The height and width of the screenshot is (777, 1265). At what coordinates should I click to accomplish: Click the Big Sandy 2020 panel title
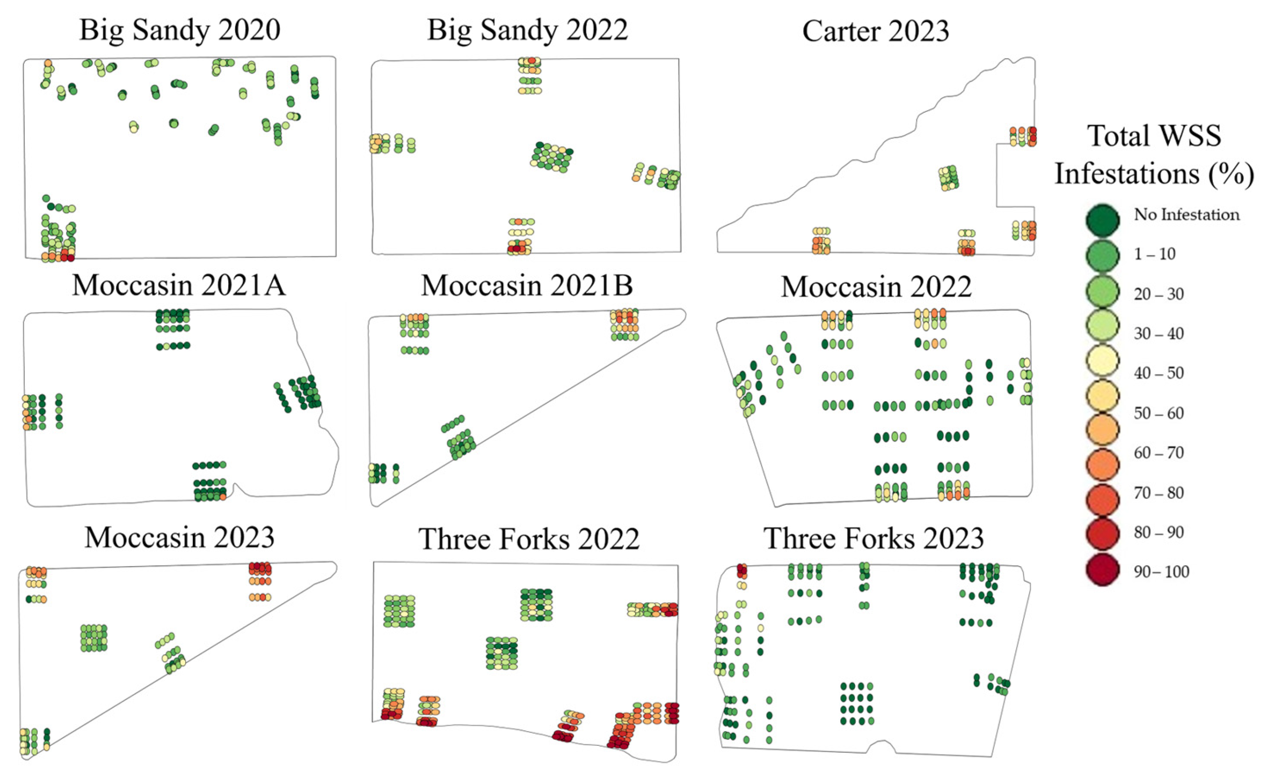click(180, 30)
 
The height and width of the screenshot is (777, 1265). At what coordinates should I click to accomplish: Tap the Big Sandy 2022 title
click(527, 30)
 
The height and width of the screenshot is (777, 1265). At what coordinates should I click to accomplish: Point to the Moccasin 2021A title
click(179, 285)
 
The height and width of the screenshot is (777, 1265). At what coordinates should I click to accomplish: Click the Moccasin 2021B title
click(527, 285)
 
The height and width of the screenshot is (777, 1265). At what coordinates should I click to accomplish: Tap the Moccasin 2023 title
click(180, 538)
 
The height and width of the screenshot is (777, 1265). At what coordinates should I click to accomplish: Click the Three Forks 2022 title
click(529, 539)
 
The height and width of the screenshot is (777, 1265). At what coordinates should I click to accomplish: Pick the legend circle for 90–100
click(1103, 572)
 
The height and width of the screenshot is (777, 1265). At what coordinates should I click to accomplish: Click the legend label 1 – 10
click(1155, 254)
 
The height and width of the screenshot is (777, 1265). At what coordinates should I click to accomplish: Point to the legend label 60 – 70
click(1159, 453)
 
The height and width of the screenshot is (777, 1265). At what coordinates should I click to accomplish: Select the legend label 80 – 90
click(1159, 532)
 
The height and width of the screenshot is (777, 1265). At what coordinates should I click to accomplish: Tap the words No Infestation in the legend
click(1186, 214)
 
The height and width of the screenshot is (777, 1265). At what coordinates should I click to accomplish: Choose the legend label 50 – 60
click(1159, 413)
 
